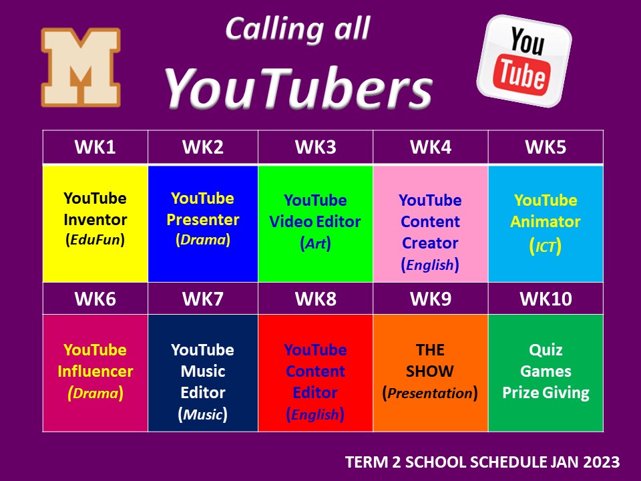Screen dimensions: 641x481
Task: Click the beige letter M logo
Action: [81, 67]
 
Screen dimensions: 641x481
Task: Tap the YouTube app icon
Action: [524, 61]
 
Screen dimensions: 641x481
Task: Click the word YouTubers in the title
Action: [298, 88]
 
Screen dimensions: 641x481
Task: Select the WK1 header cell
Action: [95, 147]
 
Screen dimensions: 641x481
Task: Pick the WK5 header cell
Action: [546, 147]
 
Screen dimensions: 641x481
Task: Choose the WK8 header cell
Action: [316, 299]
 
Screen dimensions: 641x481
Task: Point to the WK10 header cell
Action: [546, 299]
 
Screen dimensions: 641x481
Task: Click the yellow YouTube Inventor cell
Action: [95, 223]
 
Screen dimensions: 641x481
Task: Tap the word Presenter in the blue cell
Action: [203, 220]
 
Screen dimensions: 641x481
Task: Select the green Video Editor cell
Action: [316, 223]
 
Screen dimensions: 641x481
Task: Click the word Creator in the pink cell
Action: [430, 243]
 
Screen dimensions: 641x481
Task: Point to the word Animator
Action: [546, 222]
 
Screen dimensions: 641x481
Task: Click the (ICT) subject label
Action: [546, 247]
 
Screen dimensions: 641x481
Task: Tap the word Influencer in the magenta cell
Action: [95, 371]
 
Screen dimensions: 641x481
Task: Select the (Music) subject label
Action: [203, 414]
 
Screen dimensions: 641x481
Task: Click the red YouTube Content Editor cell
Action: [316, 373]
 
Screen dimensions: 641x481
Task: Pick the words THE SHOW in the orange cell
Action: [430, 360]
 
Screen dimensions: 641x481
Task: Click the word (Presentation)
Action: [430, 393]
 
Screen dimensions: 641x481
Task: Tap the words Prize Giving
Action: [546, 393]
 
